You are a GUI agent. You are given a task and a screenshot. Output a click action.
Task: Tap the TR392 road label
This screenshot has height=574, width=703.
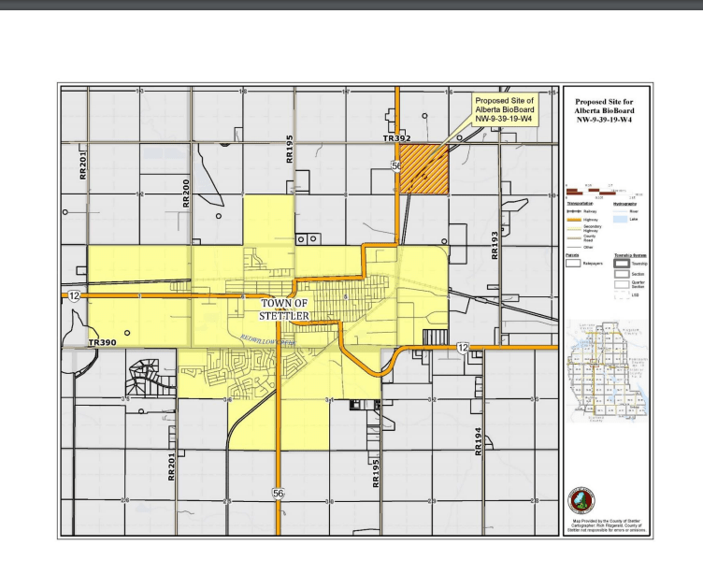coord(396,138)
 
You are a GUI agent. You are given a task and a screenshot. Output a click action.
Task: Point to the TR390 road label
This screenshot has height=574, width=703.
coord(102,343)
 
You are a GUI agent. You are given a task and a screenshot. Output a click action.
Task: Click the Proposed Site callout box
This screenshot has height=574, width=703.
coord(503,110)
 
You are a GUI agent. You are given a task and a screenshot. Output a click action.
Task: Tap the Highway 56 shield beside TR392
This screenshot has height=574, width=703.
coord(397,165)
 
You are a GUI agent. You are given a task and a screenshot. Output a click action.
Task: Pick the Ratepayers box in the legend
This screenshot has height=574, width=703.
coord(573,264)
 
